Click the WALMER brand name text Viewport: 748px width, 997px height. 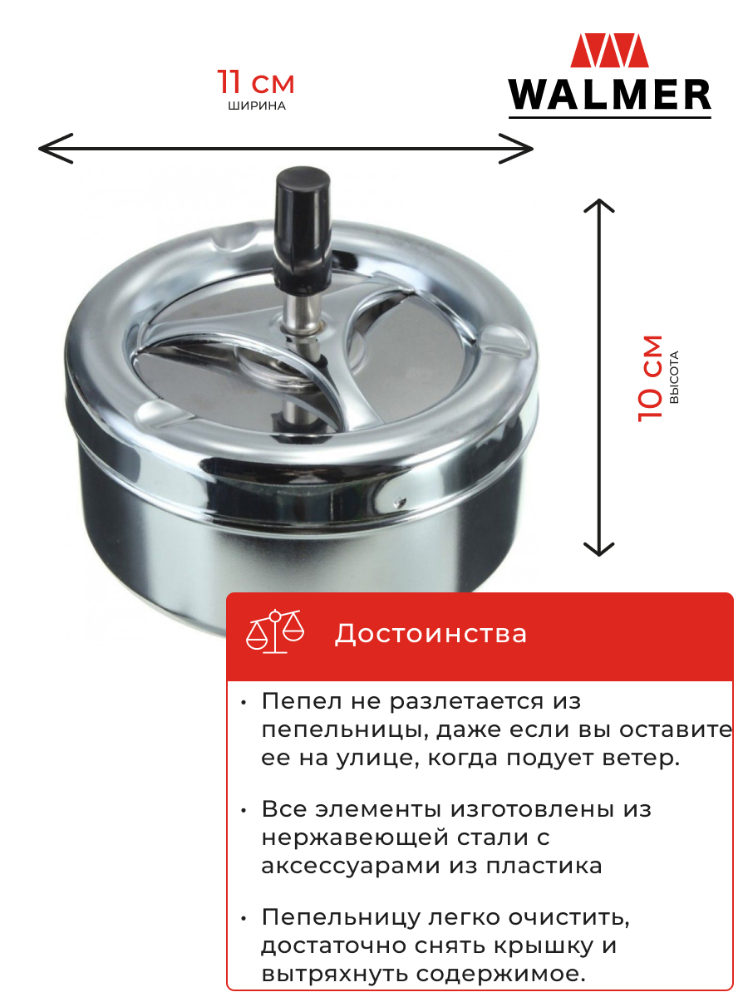click(x=609, y=95)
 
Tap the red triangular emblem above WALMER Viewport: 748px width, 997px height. click(x=609, y=50)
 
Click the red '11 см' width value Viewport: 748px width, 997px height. click(x=256, y=81)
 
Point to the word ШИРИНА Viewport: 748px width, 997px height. click(x=257, y=106)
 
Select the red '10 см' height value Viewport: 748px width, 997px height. click(x=650, y=378)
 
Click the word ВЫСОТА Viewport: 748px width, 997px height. click(x=674, y=377)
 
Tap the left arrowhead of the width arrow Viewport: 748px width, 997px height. click(x=56, y=149)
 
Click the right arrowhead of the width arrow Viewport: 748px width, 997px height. click(x=516, y=149)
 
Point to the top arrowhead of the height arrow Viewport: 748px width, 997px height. click(x=599, y=206)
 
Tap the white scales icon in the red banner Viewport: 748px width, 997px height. click(x=275, y=631)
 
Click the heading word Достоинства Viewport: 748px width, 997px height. click(x=431, y=634)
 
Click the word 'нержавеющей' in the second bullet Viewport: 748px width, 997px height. click(x=355, y=837)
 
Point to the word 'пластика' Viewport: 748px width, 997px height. click(x=544, y=865)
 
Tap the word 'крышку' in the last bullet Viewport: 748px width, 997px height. click(x=544, y=945)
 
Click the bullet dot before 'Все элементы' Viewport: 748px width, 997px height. click(x=244, y=810)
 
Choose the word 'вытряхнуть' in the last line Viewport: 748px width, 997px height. click(x=335, y=974)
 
